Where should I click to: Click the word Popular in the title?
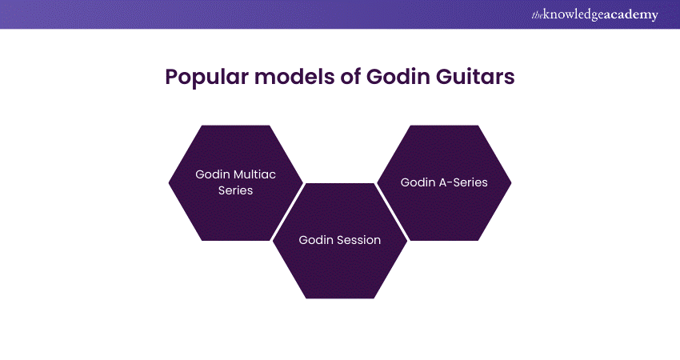(206, 78)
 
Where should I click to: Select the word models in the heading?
(294, 76)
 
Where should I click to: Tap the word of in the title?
(350, 76)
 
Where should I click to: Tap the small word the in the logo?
(537, 16)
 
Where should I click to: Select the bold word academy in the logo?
(630, 15)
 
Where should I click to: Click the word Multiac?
(254, 174)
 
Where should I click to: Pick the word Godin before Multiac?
(213, 174)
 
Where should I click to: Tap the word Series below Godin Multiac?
(235, 190)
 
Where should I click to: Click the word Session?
(358, 240)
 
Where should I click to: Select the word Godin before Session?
(316, 240)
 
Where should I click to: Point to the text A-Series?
(463, 182)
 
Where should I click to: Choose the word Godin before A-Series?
(418, 182)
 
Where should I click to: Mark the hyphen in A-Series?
(450, 183)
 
